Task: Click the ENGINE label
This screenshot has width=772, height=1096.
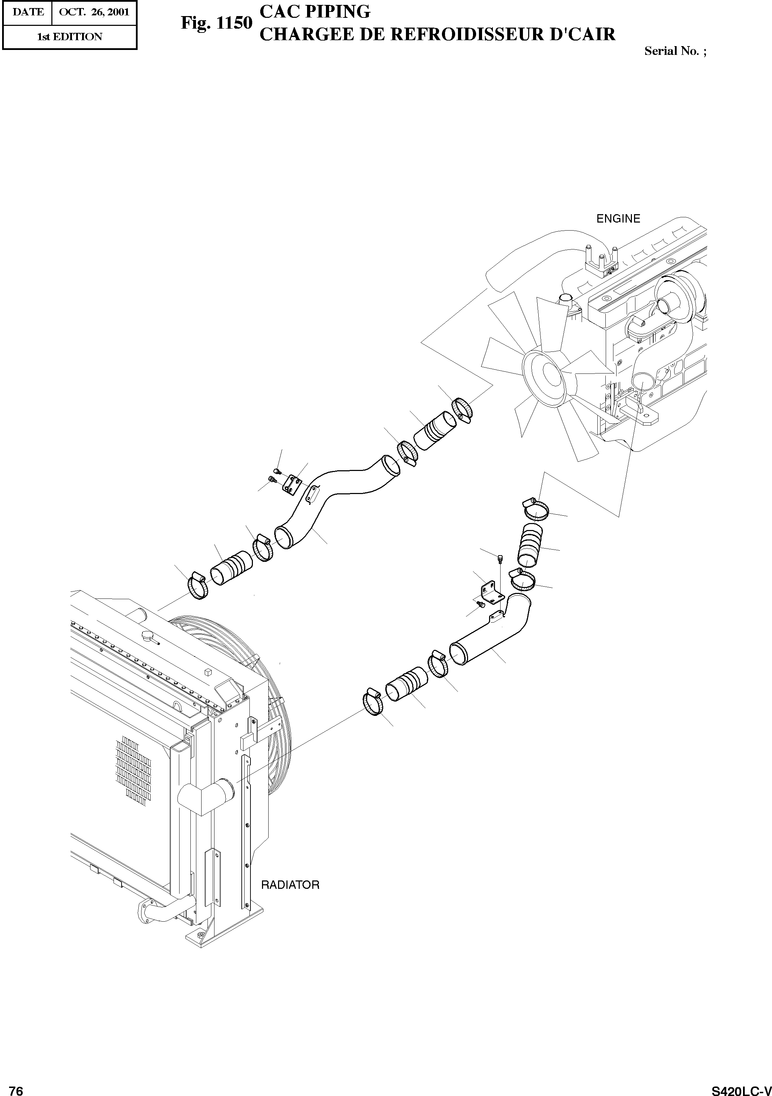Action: click(x=618, y=219)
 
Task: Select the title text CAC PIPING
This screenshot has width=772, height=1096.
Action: click(x=314, y=12)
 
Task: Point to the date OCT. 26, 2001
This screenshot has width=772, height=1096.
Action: click(x=94, y=12)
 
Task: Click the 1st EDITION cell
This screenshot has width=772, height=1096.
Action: click(x=70, y=37)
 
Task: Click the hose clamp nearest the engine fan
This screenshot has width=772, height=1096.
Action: click(x=463, y=409)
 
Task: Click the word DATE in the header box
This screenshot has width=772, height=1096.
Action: click(x=28, y=12)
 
